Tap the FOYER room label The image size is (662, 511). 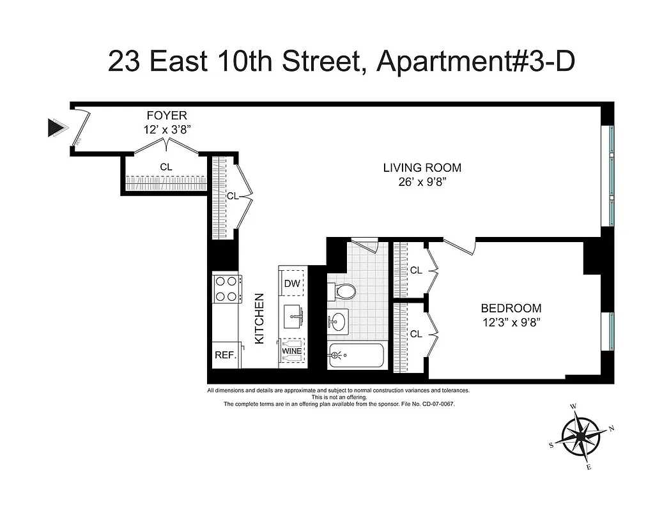pyautogui.click(x=167, y=116)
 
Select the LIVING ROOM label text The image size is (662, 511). pyautogui.click(x=422, y=168)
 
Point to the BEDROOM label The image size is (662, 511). pyautogui.click(x=511, y=308)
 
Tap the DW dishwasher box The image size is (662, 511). pyautogui.click(x=292, y=283)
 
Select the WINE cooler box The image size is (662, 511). pyautogui.click(x=292, y=351)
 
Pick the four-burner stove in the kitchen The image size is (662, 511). pyautogui.click(x=227, y=288)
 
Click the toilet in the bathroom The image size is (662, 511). pyautogui.click(x=343, y=292)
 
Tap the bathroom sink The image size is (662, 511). pyautogui.click(x=339, y=321)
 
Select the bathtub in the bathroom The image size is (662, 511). pyautogui.click(x=356, y=355)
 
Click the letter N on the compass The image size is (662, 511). pyautogui.click(x=611, y=429)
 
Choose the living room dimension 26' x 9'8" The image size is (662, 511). pyautogui.click(x=422, y=182)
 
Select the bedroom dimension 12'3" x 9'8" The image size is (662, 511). pyautogui.click(x=511, y=322)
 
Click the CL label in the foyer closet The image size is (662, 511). pyautogui.click(x=166, y=167)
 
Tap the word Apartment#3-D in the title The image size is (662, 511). pyautogui.click(x=476, y=61)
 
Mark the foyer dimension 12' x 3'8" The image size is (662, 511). pyautogui.click(x=167, y=129)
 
